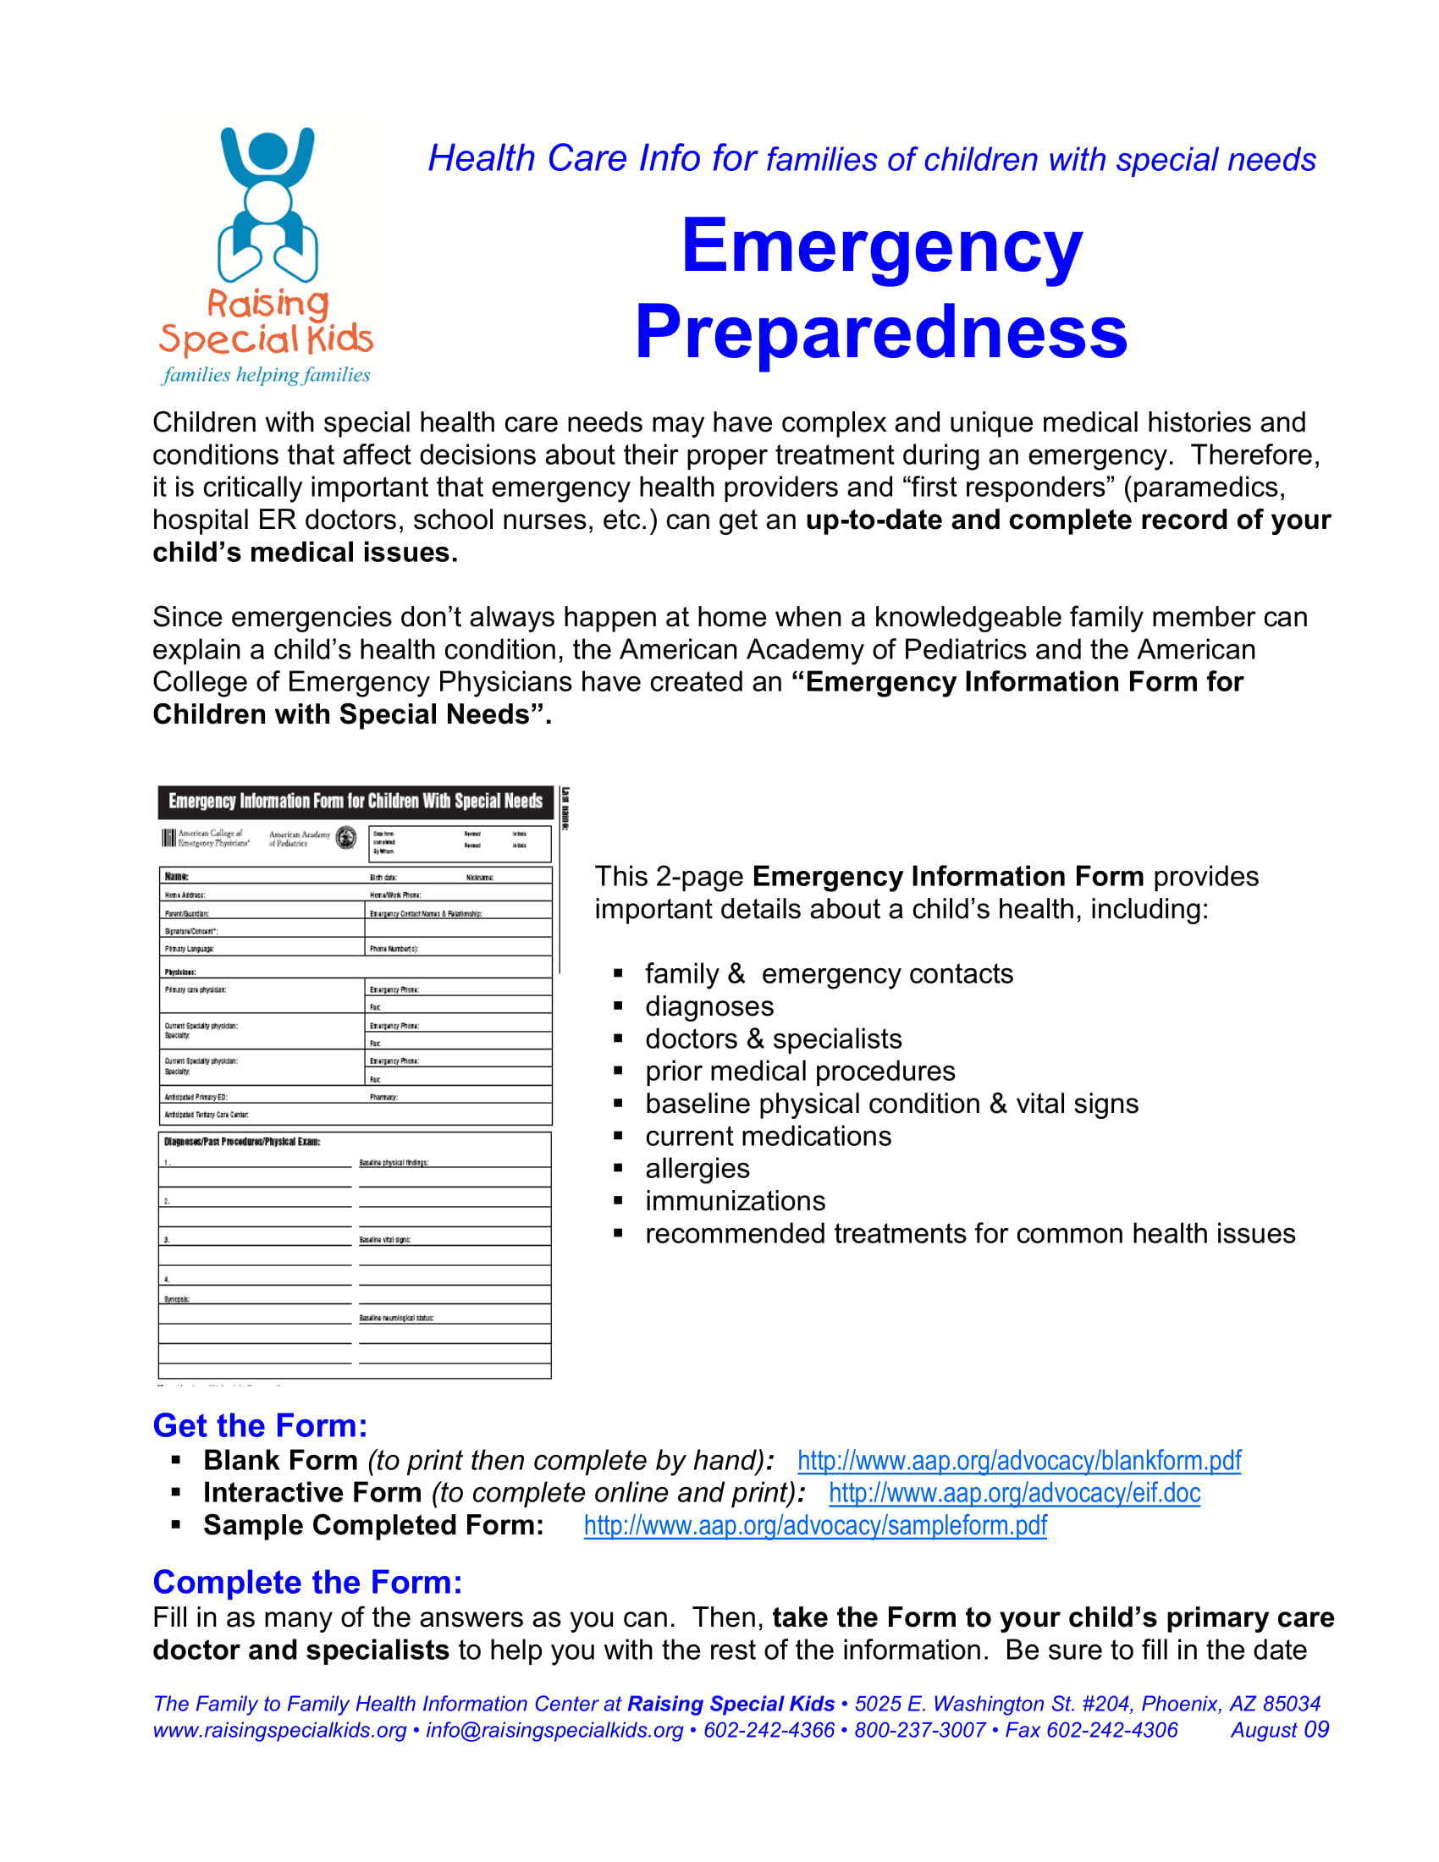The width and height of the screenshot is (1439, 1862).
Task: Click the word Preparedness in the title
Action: [x=880, y=333]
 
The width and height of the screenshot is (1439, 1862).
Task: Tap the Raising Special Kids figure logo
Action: [x=267, y=205]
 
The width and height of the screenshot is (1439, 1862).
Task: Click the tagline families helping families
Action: [x=266, y=375]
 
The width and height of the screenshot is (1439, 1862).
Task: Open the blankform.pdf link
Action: [x=1018, y=1461]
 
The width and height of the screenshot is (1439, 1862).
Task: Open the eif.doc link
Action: [x=1014, y=1493]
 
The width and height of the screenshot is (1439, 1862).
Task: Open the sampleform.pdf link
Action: [x=815, y=1525]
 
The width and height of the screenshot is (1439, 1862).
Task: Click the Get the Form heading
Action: [x=260, y=1425]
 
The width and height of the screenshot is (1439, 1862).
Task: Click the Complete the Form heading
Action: [x=307, y=1583]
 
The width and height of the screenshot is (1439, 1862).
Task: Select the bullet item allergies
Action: [x=697, y=1168]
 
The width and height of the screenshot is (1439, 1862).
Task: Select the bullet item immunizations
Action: [x=735, y=1200]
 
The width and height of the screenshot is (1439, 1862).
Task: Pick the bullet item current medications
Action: [x=767, y=1136]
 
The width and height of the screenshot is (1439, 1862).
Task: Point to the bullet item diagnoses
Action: [x=708, y=1006]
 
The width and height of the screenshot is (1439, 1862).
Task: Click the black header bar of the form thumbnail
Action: [x=355, y=802]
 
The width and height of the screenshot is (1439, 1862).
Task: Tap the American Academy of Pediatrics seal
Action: [x=346, y=837]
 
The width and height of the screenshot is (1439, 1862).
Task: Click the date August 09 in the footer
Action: [x=1279, y=1730]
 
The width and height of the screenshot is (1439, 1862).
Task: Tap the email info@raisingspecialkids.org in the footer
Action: [x=554, y=1730]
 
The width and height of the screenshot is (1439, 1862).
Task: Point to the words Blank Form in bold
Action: [x=280, y=1461]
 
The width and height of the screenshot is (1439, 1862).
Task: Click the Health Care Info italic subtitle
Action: [x=871, y=158]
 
